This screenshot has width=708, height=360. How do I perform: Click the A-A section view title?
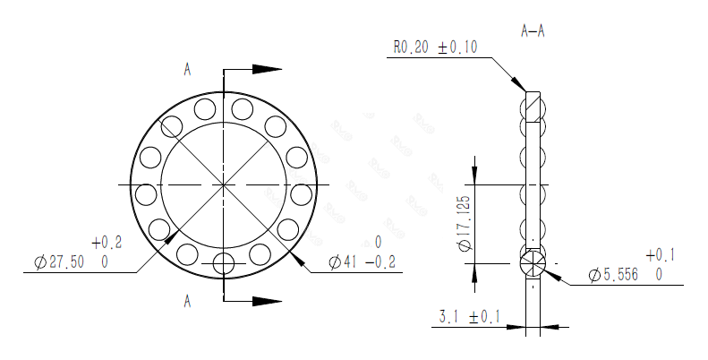coord(533,30)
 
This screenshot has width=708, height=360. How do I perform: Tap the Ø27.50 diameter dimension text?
coord(64,262)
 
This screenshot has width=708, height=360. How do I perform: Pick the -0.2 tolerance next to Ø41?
coord(384,262)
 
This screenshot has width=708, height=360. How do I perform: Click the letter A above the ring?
coord(187,68)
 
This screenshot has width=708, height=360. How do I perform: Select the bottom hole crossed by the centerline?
coord(223,263)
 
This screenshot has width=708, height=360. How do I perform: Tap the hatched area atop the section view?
coord(533,108)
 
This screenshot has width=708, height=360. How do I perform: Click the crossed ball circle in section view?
coord(533,263)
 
